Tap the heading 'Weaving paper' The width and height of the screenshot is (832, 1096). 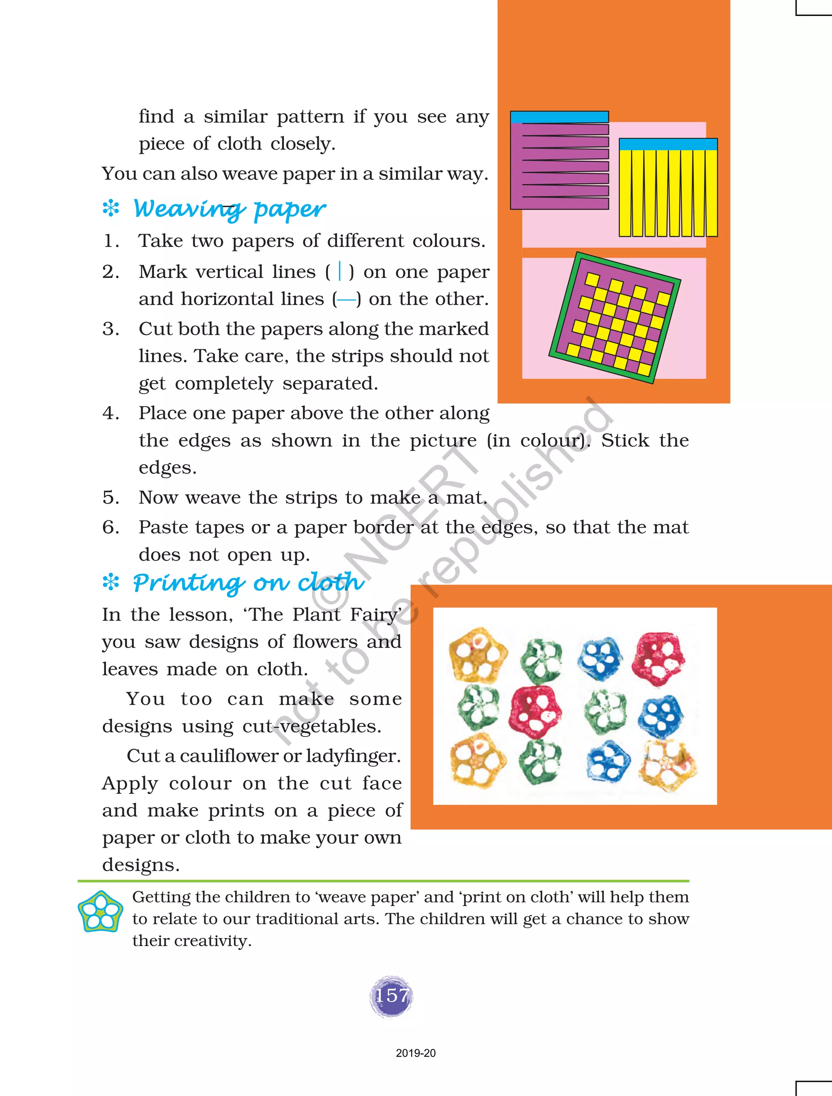point(230,208)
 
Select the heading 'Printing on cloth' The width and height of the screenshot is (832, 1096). point(248,582)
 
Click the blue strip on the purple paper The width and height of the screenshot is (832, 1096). point(559,117)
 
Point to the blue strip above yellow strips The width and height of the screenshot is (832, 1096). point(668,144)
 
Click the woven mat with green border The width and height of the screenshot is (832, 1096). point(615,318)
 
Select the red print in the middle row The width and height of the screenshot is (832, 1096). point(536,712)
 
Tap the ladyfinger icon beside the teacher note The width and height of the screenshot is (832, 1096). point(100,911)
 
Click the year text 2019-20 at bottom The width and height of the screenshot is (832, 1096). point(416,1053)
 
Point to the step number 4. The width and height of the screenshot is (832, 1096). point(110,413)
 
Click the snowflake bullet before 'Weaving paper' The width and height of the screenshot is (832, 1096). point(111,208)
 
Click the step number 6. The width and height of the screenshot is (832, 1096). point(110,527)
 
